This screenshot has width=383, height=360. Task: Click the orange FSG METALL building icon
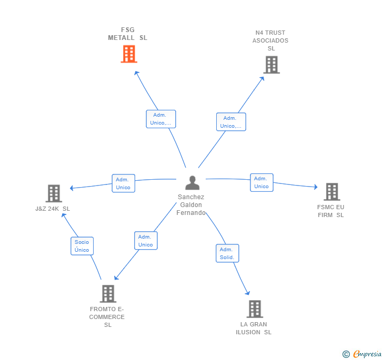point(129,54)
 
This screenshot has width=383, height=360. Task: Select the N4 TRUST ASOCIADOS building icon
point(271,65)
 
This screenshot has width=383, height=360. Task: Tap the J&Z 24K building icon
point(54,193)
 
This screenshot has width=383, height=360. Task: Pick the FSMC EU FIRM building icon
point(331,192)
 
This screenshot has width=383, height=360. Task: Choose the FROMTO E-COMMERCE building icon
point(108,293)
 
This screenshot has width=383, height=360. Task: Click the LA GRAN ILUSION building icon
point(255,309)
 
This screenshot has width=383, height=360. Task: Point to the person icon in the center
point(193,182)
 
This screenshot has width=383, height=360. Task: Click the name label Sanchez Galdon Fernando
point(190,205)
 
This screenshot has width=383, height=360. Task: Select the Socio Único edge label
point(82,246)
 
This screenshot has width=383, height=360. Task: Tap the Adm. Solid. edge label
point(227,253)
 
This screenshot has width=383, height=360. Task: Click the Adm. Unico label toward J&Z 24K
point(123,183)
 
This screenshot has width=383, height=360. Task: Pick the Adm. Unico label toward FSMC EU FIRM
point(261,182)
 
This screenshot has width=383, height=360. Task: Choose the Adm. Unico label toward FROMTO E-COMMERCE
point(146,241)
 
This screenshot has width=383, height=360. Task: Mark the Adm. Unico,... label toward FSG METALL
point(160,119)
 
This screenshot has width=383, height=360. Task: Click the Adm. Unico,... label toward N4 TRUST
point(231,122)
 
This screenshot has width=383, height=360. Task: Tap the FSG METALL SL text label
point(128,34)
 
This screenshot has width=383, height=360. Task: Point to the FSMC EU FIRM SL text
point(331,211)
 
